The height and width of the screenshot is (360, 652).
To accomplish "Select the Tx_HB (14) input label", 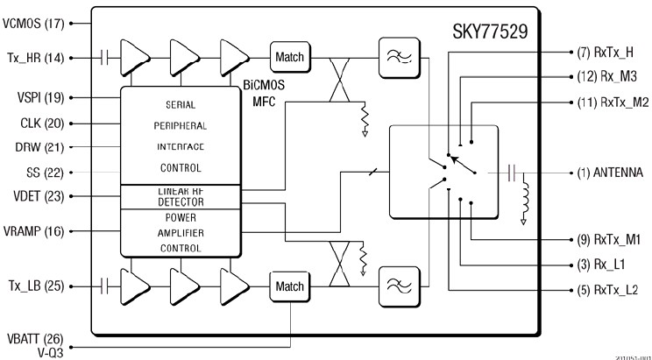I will coord(34,58).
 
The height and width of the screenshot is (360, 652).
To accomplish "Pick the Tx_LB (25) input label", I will coord(34,286).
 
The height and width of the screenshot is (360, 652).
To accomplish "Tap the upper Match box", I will coord(288,58).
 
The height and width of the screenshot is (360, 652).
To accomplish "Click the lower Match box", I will coord(288,286).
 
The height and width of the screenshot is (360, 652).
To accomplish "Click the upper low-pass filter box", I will coord(392,57).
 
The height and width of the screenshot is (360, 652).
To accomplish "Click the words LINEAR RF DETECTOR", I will coord(180,196).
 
